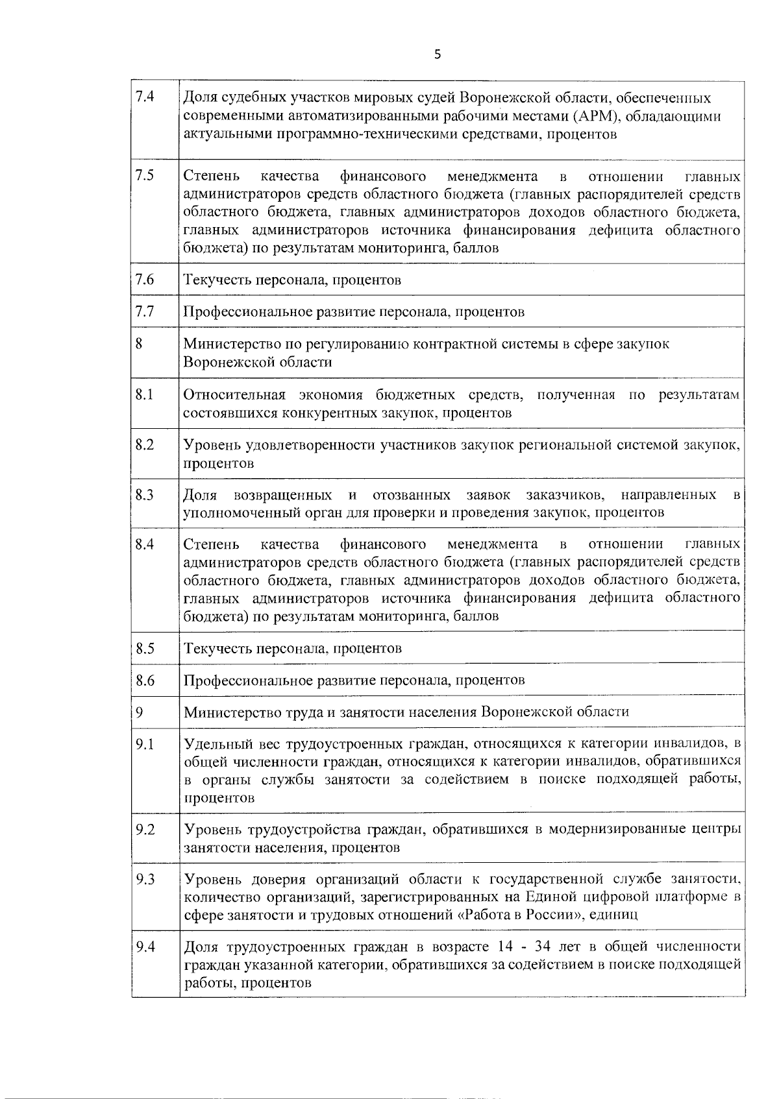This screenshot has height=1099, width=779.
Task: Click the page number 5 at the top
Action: tap(437, 54)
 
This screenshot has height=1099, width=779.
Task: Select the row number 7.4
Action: tap(145, 97)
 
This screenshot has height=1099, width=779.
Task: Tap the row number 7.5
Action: tap(145, 176)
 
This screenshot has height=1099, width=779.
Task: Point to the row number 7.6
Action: tap(145, 280)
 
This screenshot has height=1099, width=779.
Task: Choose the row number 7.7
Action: tap(145, 311)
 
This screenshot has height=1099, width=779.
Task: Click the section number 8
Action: tap(139, 343)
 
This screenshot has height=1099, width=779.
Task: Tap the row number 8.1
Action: tap(145, 394)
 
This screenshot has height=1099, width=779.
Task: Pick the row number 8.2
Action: tap(145, 445)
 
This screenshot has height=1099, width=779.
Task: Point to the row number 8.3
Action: tap(145, 495)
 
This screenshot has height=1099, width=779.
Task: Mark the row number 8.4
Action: tap(145, 544)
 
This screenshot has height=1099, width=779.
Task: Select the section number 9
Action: tap(139, 712)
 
